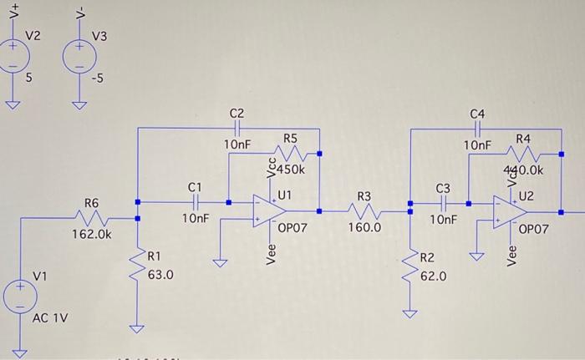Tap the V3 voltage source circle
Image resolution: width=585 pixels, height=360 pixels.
click(x=78, y=56)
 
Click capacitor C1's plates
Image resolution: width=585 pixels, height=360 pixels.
click(x=195, y=201)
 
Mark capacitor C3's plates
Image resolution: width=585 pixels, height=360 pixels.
click(x=442, y=202)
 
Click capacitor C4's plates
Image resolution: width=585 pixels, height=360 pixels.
click(x=477, y=129)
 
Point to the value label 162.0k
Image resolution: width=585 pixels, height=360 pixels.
click(x=92, y=236)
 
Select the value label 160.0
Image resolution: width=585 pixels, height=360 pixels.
click(x=364, y=227)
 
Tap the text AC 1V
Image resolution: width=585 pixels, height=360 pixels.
click(x=51, y=317)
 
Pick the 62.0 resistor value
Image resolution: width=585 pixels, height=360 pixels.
click(x=433, y=275)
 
